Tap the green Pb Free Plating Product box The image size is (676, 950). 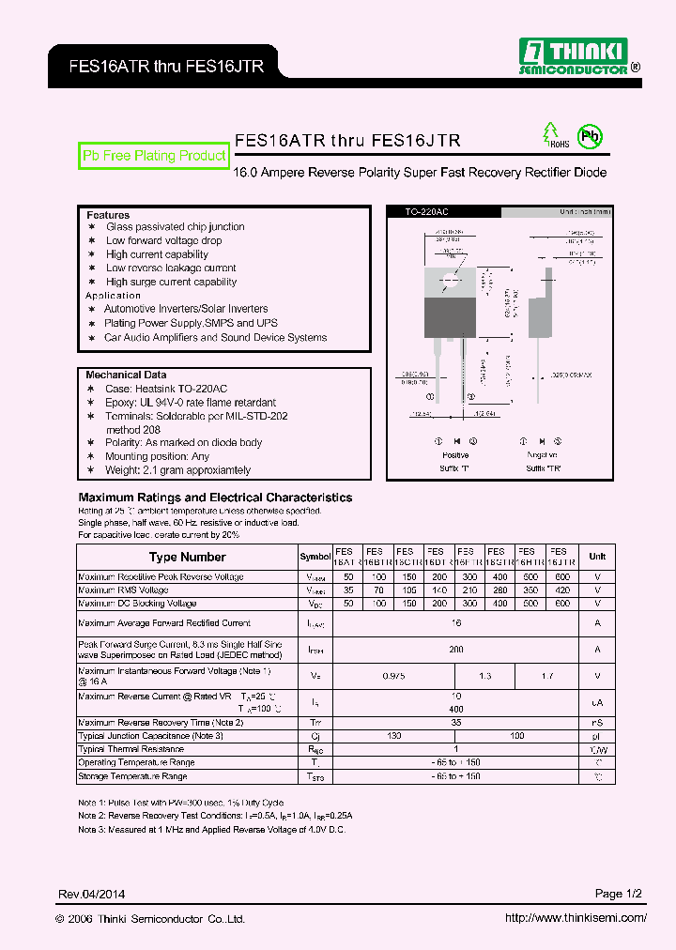[154, 156]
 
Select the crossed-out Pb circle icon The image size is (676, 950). [590, 136]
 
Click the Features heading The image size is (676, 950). [108, 215]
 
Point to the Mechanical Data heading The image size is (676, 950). [126, 375]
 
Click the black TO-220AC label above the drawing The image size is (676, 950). [426, 212]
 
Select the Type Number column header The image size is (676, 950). [188, 557]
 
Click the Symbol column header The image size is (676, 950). [315, 557]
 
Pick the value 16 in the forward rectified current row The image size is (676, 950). [455, 622]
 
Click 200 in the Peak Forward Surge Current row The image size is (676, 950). [455, 649]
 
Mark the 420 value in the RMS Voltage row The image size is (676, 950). [561, 590]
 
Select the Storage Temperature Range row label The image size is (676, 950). [132, 776]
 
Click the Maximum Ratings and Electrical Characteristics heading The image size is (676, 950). [215, 498]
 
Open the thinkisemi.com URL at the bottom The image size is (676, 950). [576, 918]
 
